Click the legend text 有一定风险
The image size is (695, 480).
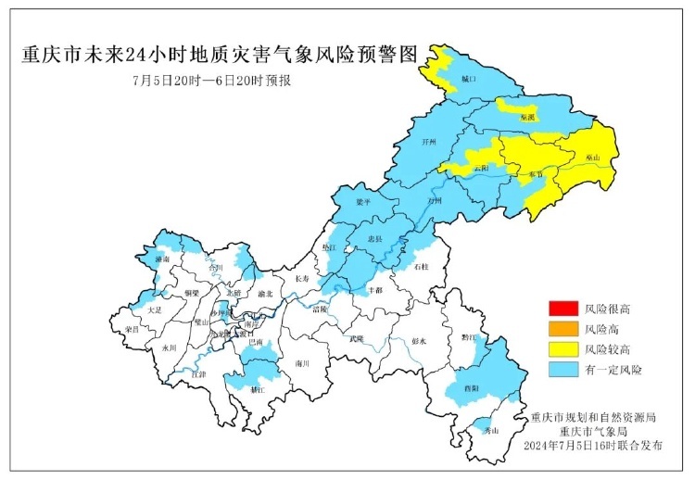coord(614,370)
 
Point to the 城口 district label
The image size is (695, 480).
coord(469,81)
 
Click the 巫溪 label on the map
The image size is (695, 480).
coord(527,118)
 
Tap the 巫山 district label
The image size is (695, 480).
coord(592,158)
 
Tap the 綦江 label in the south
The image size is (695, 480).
coord(258,391)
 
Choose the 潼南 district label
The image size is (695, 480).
coord(163,260)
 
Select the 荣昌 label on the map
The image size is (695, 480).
coord(132,329)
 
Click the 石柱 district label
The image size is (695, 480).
coord(422,267)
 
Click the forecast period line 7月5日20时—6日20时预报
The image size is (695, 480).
coord(212,81)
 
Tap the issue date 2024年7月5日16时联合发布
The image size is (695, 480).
coord(593,447)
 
